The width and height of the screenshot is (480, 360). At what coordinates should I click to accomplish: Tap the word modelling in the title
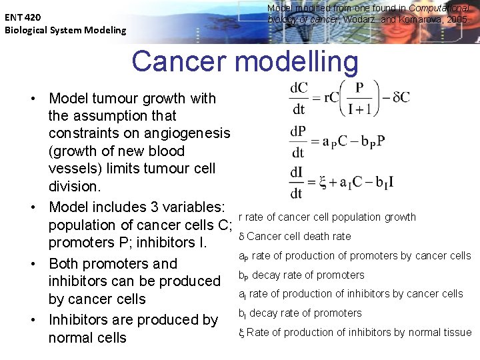pyautogui.click(x=297, y=61)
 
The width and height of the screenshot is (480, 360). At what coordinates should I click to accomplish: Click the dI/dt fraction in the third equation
pyautogui.click(x=297, y=183)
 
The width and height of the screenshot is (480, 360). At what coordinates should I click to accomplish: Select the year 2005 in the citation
pyautogui.click(x=458, y=20)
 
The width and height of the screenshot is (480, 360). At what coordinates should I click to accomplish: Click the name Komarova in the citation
pyautogui.click(x=419, y=20)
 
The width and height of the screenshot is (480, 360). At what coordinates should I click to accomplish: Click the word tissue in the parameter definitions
pyautogui.click(x=457, y=332)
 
